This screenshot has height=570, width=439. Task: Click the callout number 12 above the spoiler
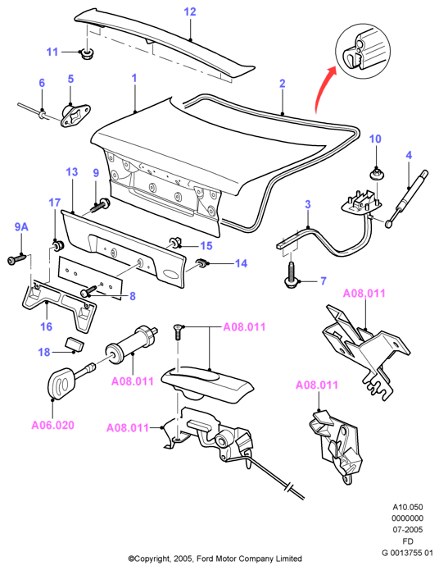(190, 11)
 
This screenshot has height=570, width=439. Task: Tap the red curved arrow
(322, 87)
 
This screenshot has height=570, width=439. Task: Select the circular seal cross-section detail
(363, 51)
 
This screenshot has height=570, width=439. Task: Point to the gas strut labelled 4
(407, 198)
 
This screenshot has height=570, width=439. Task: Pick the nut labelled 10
(375, 173)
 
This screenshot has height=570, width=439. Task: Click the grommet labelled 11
(87, 54)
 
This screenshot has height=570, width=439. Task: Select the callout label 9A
(21, 227)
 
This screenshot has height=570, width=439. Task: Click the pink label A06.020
(53, 425)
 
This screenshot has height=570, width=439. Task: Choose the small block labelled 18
(75, 344)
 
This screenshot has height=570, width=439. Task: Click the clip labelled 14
(201, 262)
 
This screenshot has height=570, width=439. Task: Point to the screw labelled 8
(88, 291)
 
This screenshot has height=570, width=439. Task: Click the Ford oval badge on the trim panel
(169, 274)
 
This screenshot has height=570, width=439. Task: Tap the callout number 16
(46, 326)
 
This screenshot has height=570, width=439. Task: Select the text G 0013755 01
(407, 553)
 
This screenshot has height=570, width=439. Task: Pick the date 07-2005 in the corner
(408, 530)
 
